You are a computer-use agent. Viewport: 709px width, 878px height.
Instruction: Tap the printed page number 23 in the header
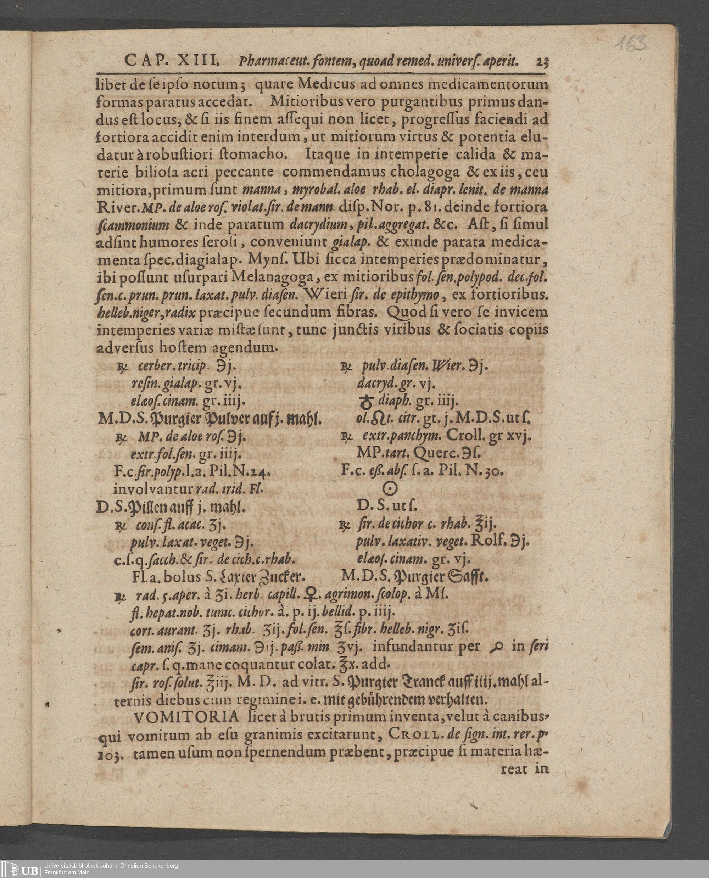(x=542, y=62)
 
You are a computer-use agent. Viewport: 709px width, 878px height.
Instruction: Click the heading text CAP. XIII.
(x=172, y=61)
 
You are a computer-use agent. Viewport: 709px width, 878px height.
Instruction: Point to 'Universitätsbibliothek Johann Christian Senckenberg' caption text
(x=111, y=865)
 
